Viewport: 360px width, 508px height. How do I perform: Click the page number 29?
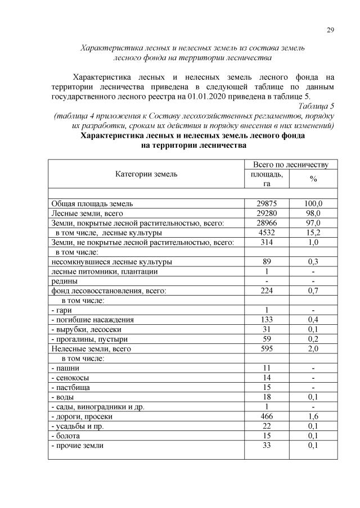330,30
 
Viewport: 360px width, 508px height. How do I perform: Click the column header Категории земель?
146,174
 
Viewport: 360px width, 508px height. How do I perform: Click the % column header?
313,179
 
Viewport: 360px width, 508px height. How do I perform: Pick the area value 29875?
267,203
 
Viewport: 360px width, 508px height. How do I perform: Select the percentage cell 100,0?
313,203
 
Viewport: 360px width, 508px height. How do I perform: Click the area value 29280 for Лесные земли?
267,213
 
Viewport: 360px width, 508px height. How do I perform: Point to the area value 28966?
267,223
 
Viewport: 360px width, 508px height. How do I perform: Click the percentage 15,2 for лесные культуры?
313,232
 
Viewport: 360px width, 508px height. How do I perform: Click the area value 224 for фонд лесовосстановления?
267,291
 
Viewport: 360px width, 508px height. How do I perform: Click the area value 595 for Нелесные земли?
267,349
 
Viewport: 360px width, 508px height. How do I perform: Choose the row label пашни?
63,368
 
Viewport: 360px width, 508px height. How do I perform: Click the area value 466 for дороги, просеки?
267,416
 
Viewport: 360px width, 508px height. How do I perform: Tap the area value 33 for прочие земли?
267,446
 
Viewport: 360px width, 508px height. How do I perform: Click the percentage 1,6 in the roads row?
313,416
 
